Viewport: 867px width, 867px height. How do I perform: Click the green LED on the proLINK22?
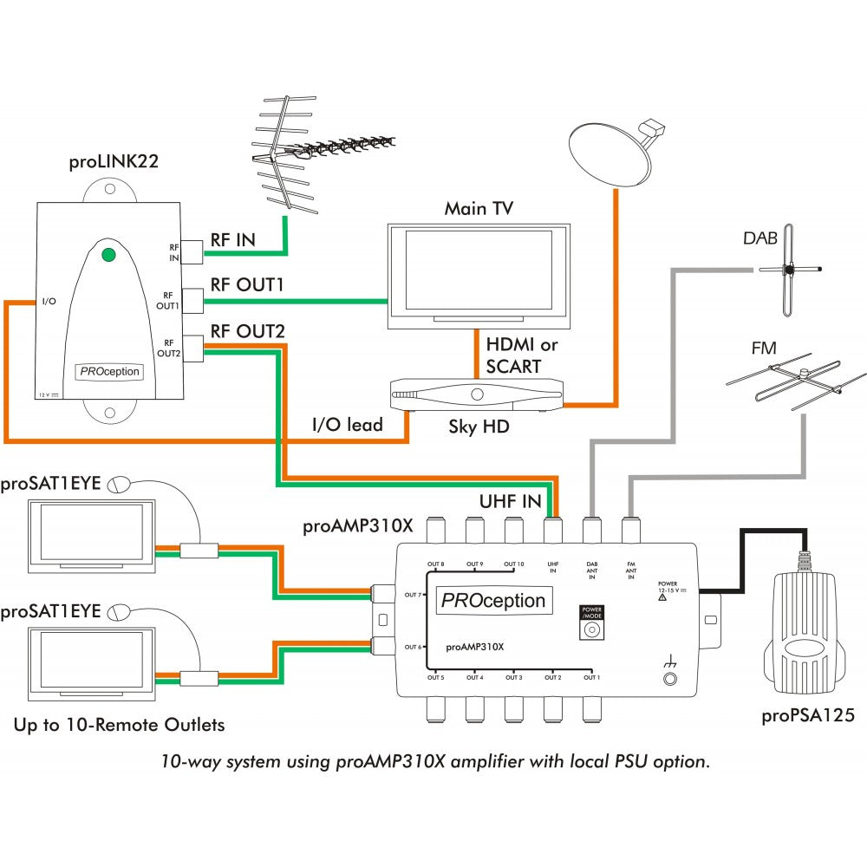[x=108, y=255]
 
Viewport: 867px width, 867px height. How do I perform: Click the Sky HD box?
[x=478, y=395]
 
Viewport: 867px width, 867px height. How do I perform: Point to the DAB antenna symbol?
[x=789, y=270]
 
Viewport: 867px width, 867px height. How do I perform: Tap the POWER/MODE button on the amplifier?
[x=592, y=630]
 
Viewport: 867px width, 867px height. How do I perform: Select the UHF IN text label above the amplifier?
[x=511, y=501]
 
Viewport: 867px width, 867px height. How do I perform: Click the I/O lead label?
[x=348, y=425]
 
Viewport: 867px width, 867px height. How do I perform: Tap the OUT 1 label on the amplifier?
[x=591, y=677]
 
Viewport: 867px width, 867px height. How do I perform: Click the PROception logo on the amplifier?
[x=493, y=600]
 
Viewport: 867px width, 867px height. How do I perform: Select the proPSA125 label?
[x=807, y=716]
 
